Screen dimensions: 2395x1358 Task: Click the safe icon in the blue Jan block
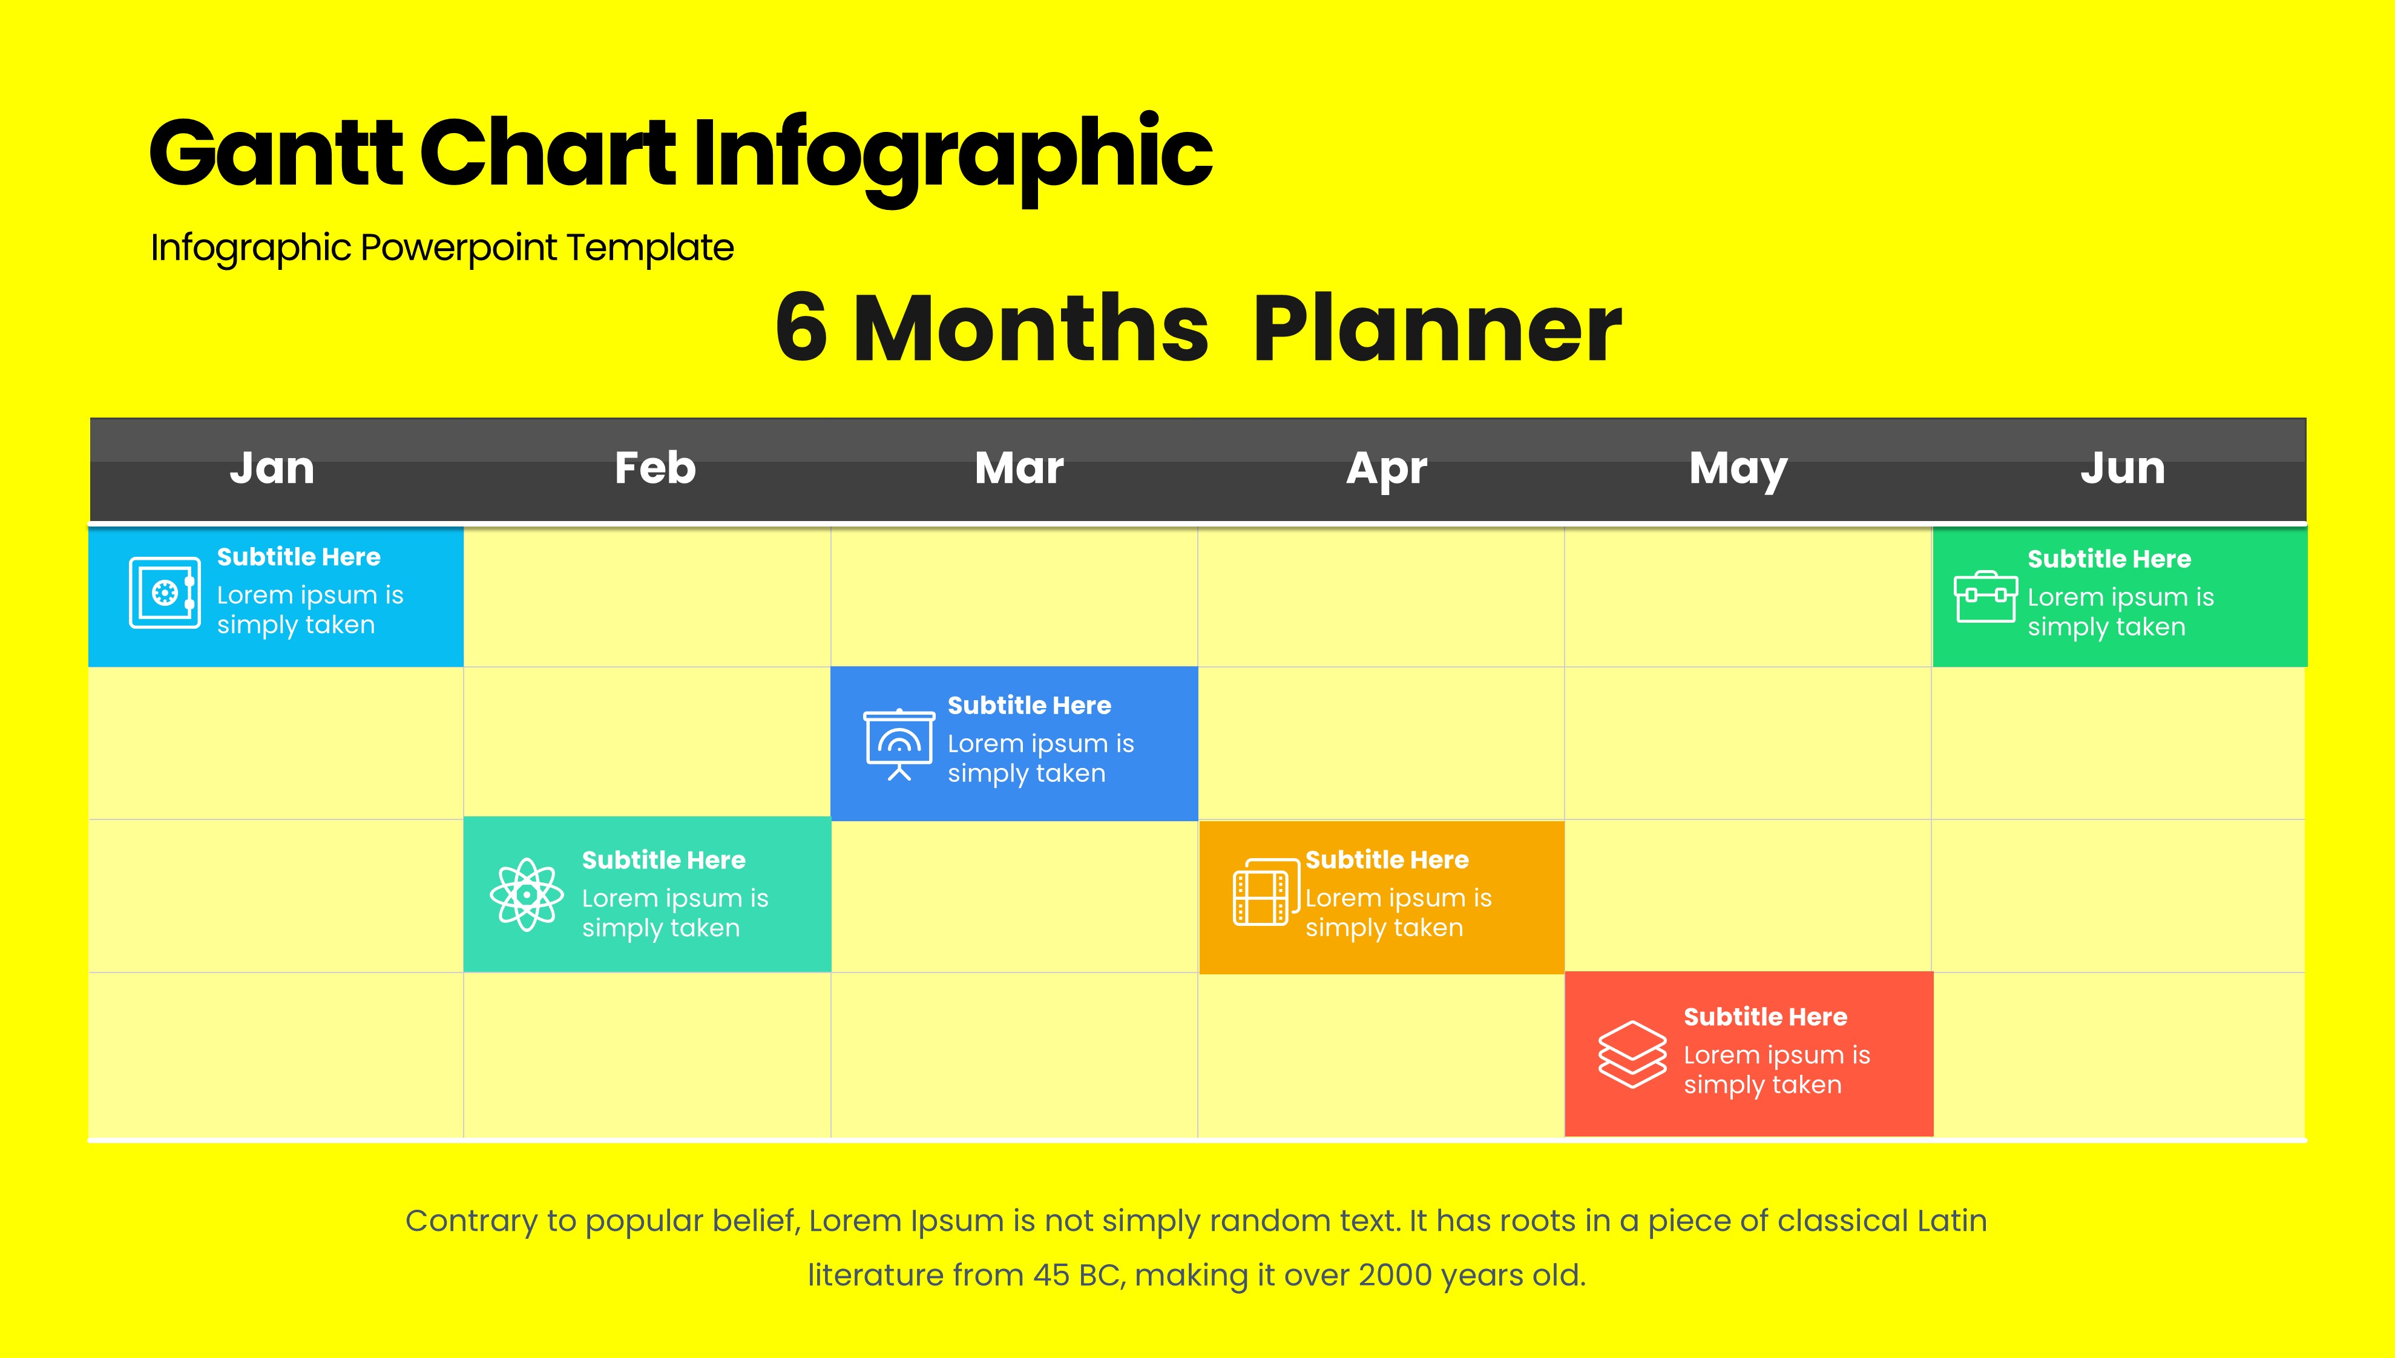pos(164,592)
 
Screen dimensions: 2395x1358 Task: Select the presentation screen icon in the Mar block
pos(898,745)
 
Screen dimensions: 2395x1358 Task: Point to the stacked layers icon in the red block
pos(1632,1054)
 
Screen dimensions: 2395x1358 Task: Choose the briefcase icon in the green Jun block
pos(1986,596)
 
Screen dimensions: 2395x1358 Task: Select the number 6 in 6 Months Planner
pos(801,329)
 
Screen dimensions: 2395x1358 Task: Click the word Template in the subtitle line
pos(650,247)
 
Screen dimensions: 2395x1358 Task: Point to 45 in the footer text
pos(1051,1275)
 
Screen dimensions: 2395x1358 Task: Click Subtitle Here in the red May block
pos(1764,1017)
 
